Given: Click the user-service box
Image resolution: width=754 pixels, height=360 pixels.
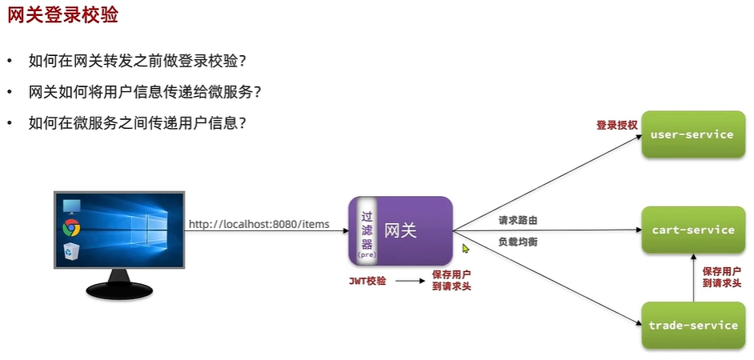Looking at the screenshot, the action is pyautogui.click(x=692, y=134).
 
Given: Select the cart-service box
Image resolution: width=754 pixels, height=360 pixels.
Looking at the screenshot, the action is pyautogui.click(x=692, y=230).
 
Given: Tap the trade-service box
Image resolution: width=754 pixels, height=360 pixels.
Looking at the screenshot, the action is pyautogui.click(x=692, y=325).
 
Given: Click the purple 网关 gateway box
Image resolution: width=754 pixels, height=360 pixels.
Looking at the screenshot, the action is pyautogui.click(x=413, y=230).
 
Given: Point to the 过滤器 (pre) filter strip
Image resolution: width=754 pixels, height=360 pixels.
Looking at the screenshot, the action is pyautogui.click(x=367, y=230).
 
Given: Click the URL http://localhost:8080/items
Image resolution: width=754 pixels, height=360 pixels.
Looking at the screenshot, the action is pyautogui.click(x=259, y=224).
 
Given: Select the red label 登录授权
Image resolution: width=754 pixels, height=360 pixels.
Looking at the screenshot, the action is pyautogui.click(x=616, y=126).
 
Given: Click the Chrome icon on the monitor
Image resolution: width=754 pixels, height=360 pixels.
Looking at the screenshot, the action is pyautogui.click(x=70, y=228).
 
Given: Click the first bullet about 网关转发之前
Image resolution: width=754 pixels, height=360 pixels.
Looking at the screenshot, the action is pyautogui.click(x=136, y=61).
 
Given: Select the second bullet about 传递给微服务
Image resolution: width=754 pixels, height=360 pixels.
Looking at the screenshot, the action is pyautogui.click(x=144, y=92).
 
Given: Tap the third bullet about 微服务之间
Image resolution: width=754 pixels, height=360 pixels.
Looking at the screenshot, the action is pyautogui.click(x=136, y=123).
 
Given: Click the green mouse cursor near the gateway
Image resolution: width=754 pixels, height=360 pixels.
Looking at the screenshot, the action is pyautogui.click(x=466, y=249).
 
